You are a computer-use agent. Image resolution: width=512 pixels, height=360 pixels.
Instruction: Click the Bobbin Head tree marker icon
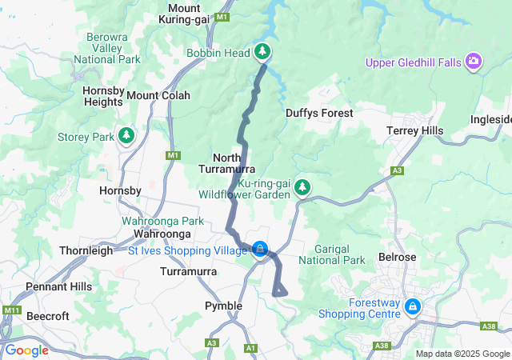[x=263, y=53]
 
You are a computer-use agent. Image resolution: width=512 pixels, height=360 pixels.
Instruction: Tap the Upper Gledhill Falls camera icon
[x=474, y=62]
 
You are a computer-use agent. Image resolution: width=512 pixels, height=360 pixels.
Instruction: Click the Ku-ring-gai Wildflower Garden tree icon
[x=302, y=187]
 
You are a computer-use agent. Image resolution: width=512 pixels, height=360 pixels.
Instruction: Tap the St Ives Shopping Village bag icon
[x=260, y=250]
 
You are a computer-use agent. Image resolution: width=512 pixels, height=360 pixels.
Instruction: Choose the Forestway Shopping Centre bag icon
[x=412, y=306]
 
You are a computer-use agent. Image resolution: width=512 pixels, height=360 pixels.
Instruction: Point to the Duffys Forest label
[x=319, y=114]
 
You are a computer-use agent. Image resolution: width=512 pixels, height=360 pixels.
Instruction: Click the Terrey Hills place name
[x=413, y=130]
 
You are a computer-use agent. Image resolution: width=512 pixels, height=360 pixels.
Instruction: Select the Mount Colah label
[x=158, y=95]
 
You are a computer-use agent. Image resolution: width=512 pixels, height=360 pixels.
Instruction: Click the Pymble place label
[x=223, y=306]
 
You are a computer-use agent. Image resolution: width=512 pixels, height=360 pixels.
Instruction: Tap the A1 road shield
[x=250, y=348]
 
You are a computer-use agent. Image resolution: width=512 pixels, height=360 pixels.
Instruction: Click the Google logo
[x=26, y=350]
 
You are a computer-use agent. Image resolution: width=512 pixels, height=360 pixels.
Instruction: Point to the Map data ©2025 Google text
[x=462, y=354]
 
